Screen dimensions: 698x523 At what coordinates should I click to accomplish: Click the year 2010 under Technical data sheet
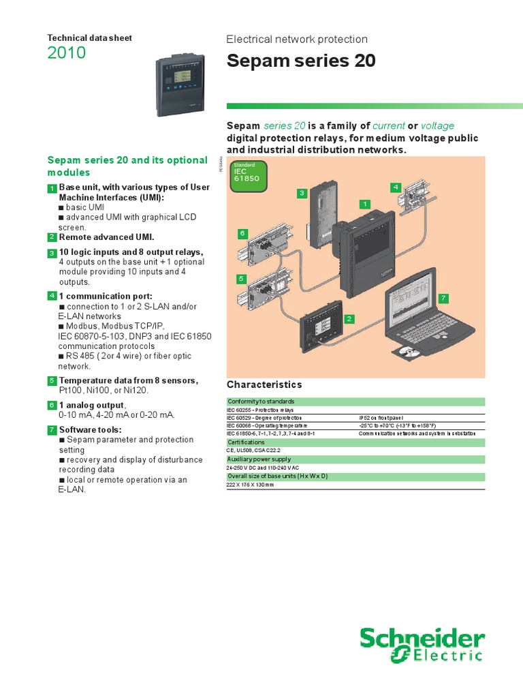coord(67,52)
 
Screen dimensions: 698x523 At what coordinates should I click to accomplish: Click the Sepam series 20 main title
coord(300,61)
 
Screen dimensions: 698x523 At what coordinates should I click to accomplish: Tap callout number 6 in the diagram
coord(241,234)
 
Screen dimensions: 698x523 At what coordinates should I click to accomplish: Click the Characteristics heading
coord(264,384)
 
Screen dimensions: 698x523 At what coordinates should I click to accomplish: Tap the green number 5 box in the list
coord(52,380)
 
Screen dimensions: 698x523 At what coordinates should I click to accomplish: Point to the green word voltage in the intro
coord(437,125)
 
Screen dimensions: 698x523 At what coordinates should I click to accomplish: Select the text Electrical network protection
coord(296,40)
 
